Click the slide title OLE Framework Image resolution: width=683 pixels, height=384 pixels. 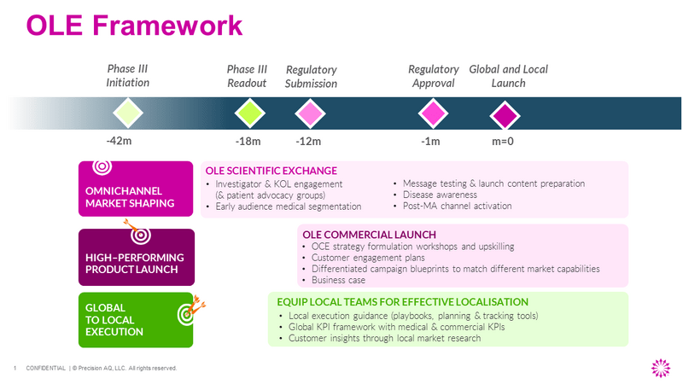coord(134,26)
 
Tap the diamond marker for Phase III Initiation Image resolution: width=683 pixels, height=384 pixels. coord(127,113)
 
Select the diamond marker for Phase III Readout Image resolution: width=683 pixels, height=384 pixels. coord(248,113)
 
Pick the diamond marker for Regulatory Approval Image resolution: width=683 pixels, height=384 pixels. coord(432,113)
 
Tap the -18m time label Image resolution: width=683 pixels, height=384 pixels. coord(248,142)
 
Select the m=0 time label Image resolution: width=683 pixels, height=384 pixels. coord(502,142)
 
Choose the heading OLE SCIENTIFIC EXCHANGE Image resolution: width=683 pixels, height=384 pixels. coord(271,171)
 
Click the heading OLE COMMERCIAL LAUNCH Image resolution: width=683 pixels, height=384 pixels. coord(369,235)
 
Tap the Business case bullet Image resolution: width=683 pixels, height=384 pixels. coord(339,280)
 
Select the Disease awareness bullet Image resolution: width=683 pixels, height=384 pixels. coord(441,195)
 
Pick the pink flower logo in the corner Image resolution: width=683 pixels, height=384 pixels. coord(661,367)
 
